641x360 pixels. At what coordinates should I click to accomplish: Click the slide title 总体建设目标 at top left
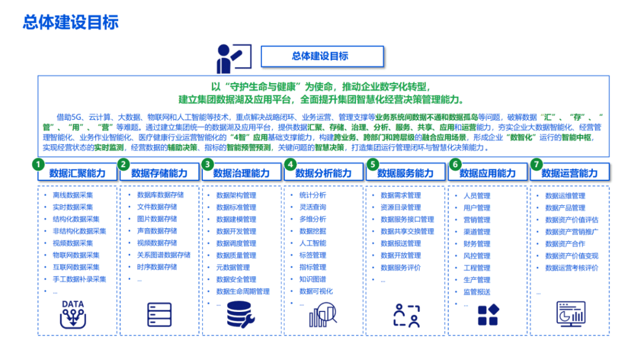(71, 22)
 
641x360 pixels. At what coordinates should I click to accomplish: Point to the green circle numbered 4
(290, 164)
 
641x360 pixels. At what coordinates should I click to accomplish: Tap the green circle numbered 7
(537, 164)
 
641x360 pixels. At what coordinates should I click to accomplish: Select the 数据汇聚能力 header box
(77, 173)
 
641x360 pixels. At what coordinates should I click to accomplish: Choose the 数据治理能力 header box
(241, 173)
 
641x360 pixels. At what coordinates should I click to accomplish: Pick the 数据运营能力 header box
(569, 173)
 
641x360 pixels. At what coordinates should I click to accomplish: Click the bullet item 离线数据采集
(72, 195)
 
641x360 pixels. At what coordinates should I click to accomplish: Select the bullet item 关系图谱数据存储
(163, 255)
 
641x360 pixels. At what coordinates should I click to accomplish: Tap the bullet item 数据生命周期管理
(243, 291)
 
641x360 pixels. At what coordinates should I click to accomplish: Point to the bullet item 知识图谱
(312, 279)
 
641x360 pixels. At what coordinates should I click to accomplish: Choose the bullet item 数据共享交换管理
(407, 231)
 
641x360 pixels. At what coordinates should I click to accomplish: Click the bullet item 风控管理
(477, 256)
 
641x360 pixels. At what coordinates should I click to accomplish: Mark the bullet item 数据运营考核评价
(572, 267)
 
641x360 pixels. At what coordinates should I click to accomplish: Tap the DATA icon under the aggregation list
(73, 314)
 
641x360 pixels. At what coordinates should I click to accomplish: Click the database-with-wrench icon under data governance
(241, 315)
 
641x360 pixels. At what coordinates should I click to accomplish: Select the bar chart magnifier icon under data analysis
(322, 315)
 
